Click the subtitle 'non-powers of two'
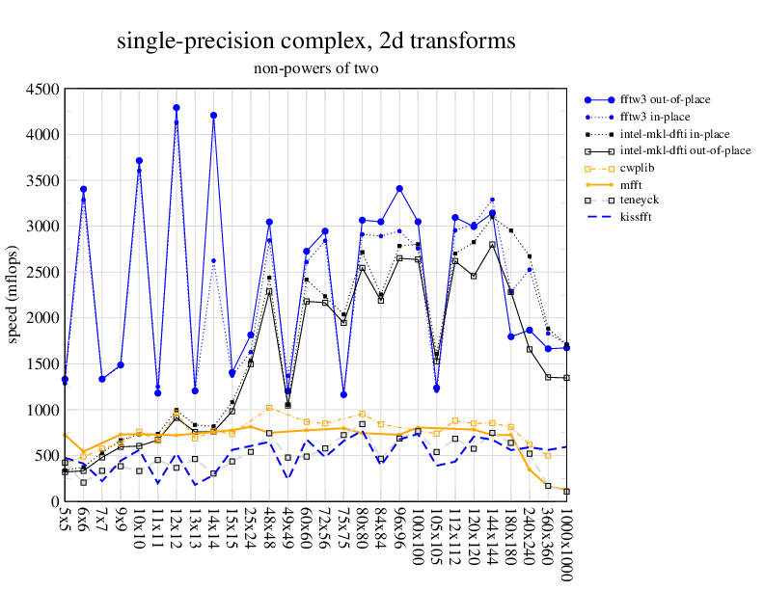[316, 68]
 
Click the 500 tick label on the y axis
[46, 456]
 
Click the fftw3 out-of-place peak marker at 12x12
[177, 108]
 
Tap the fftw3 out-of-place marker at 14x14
[213, 116]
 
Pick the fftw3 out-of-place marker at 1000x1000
[566, 348]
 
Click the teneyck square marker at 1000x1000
[566, 492]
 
